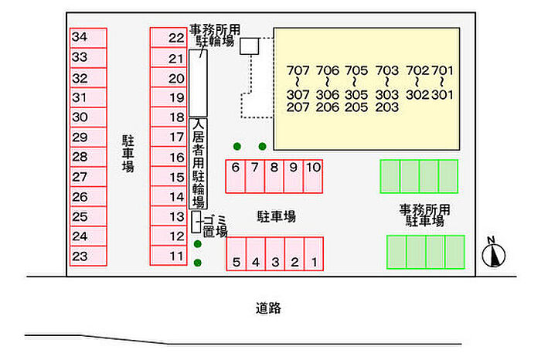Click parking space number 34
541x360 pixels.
(88, 38)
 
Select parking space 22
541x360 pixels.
(168, 38)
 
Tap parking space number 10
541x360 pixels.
(313, 176)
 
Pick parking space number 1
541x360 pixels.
(314, 254)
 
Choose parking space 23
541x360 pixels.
(88, 256)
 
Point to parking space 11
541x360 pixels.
(168, 256)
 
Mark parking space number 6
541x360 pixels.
(235, 176)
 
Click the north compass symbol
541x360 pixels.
(493, 253)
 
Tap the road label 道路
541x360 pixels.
(268, 308)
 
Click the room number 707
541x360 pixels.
(298, 70)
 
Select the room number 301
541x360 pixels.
(442, 94)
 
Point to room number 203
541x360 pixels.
(386, 107)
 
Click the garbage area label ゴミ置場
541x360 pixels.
(215, 226)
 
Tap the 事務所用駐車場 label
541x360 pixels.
(425, 216)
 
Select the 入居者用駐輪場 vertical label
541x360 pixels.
(198, 164)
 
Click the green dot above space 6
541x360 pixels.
(237, 147)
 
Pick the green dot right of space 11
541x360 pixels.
(198, 263)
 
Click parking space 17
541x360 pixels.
(168, 137)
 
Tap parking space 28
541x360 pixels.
(88, 157)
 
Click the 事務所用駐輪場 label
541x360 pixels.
(215, 36)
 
